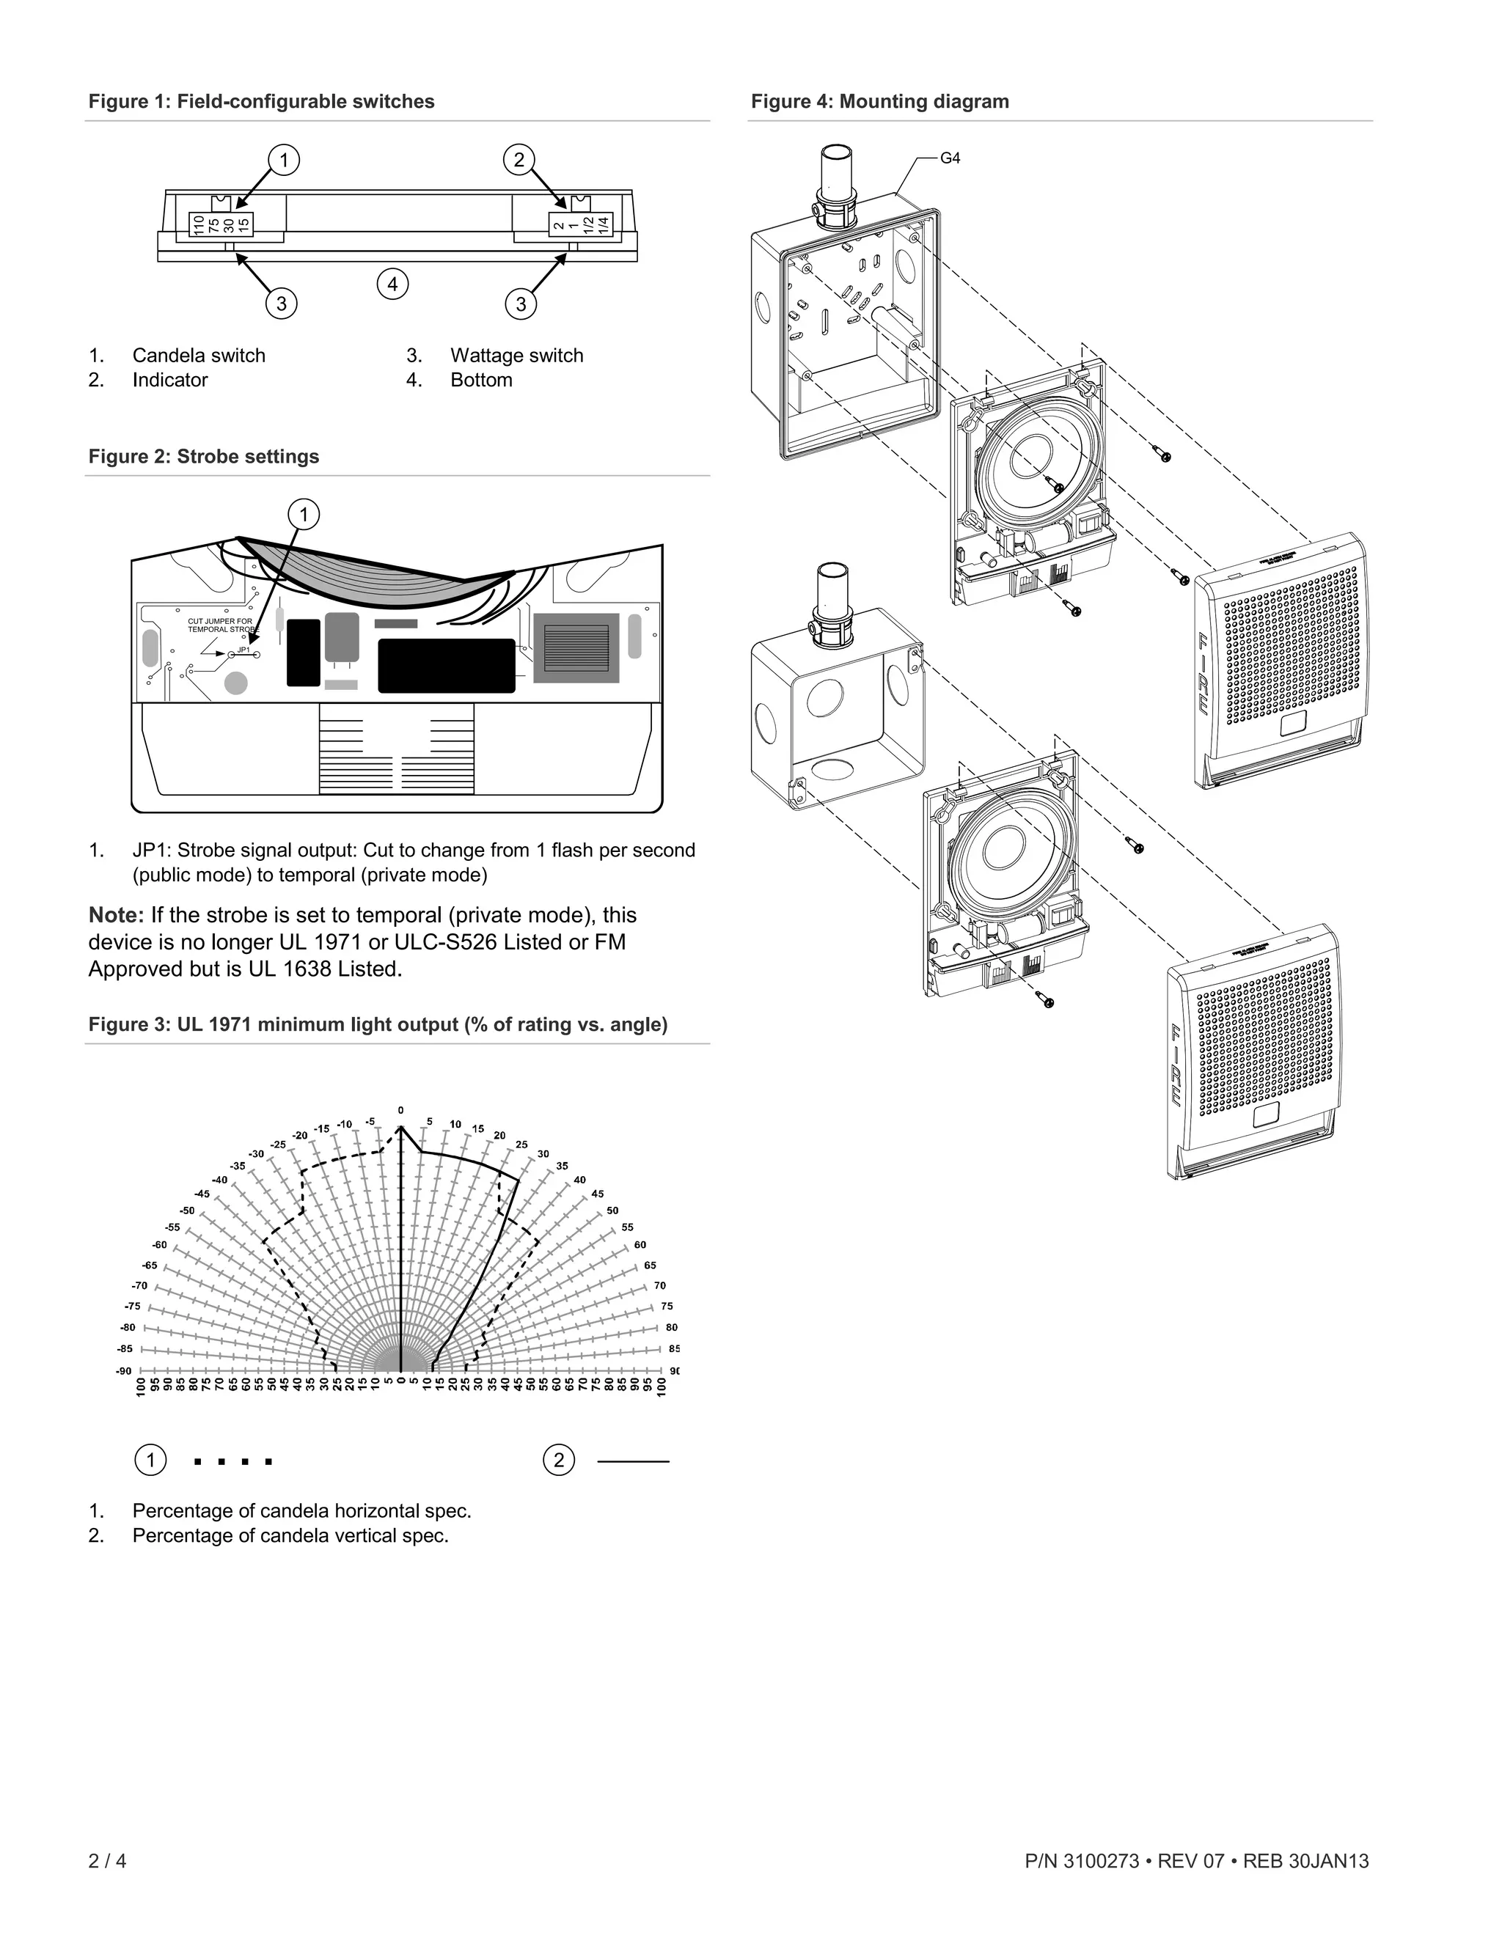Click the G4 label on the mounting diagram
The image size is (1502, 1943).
(x=950, y=158)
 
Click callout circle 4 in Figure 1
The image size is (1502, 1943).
(x=392, y=284)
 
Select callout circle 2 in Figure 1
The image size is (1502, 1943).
(x=519, y=160)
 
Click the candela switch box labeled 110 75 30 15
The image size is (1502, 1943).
(x=220, y=224)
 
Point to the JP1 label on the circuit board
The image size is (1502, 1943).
(x=243, y=650)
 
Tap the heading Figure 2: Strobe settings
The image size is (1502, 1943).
(x=203, y=456)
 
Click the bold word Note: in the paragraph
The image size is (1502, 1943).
(x=116, y=916)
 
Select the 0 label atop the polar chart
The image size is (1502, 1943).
(x=400, y=1110)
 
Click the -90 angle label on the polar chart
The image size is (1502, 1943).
(x=124, y=1371)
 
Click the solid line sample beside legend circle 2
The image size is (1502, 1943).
(x=633, y=1461)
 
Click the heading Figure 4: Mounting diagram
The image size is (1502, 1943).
(x=879, y=101)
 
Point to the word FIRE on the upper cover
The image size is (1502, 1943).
(x=1202, y=674)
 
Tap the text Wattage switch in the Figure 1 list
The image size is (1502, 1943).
(x=516, y=356)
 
